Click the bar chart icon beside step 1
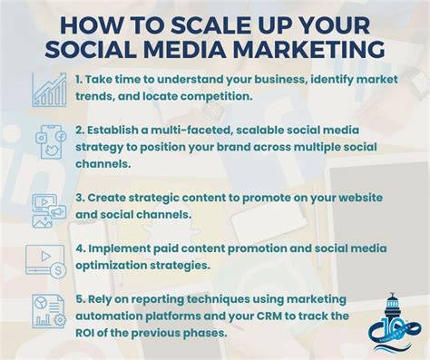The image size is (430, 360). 49,88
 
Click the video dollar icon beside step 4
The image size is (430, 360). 48,261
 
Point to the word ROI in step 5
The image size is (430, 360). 89,334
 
